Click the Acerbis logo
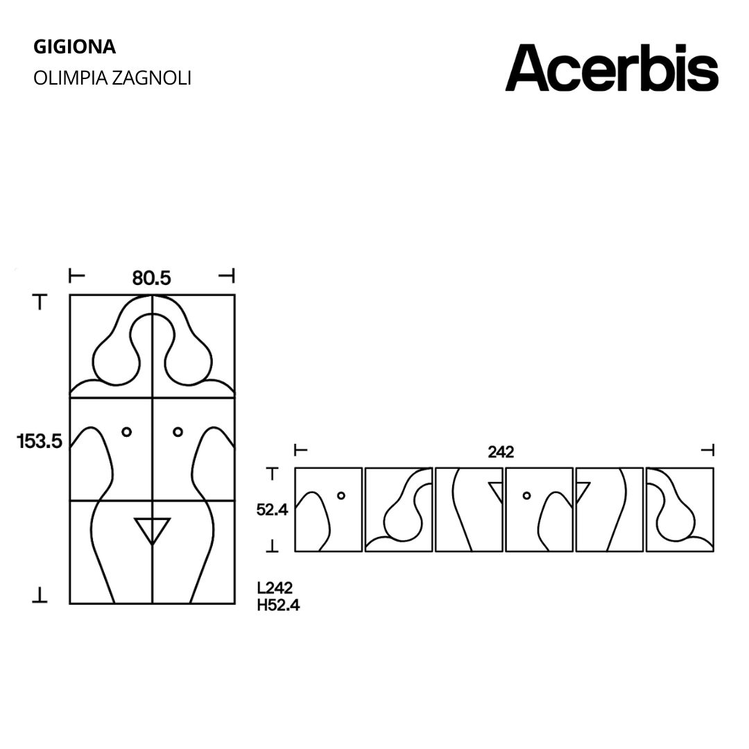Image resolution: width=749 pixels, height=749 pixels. pyautogui.click(x=612, y=68)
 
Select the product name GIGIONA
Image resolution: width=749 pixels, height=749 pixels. pyautogui.click(x=74, y=47)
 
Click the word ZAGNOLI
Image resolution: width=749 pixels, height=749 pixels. pyautogui.click(x=152, y=78)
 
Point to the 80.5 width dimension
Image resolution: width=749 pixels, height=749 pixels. pyautogui.click(x=151, y=278)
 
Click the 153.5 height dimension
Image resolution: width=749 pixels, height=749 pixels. pyautogui.click(x=40, y=441)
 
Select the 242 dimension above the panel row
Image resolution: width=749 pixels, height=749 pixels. pyautogui.click(x=501, y=452)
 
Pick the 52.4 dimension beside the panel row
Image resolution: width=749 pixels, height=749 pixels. pyautogui.click(x=273, y=510)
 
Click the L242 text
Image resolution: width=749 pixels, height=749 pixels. pyautogui.click(x=275, y=587)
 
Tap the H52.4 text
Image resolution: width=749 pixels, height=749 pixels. pyautogui.click(x=279, y=605)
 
